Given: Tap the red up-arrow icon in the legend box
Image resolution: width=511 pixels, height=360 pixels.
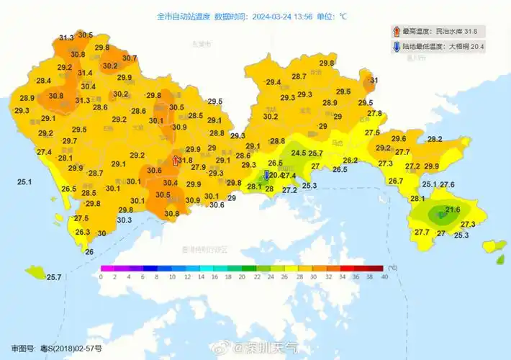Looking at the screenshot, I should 396,32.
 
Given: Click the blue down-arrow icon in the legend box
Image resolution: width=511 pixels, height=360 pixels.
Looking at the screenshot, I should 396,47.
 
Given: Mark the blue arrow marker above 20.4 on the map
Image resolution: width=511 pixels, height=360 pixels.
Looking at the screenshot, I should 267,175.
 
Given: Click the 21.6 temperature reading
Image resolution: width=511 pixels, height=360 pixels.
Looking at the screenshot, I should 453,210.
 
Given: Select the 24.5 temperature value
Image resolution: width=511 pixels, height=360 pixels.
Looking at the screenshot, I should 298,153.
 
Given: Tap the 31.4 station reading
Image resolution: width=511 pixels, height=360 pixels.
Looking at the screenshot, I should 85,72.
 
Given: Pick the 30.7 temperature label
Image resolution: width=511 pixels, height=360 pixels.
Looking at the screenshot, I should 130,58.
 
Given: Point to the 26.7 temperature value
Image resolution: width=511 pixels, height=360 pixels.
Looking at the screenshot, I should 396,181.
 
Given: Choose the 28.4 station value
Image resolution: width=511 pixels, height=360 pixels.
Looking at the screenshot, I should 43,80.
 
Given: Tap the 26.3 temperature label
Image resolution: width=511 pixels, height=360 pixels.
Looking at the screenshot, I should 82,232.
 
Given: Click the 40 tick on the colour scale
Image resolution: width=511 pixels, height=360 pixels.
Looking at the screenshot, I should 384,276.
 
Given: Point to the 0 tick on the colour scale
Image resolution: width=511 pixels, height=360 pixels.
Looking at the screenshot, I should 101,276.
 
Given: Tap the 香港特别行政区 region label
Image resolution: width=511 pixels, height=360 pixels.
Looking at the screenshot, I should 204,249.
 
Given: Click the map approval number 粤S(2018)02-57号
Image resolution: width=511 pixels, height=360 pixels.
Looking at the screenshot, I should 68,348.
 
